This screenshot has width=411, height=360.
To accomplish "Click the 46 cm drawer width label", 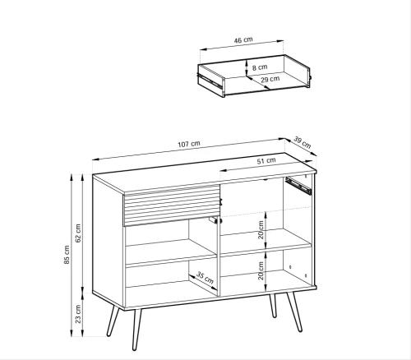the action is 243,40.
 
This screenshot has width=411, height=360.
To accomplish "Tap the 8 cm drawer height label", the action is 260,67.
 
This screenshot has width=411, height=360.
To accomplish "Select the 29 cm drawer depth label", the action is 270,80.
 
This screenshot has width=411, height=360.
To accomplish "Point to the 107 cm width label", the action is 189,144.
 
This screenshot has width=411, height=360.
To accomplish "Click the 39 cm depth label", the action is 302,143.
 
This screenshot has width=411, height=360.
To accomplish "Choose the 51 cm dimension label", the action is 266,160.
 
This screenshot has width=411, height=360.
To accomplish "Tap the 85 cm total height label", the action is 67,255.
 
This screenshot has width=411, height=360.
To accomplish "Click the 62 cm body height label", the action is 78,233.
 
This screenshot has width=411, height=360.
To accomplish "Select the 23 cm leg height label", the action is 78,314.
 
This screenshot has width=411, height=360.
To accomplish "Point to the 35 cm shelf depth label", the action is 205,278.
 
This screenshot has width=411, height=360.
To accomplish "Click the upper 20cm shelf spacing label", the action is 261,230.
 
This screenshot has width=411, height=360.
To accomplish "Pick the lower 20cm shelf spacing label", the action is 261,270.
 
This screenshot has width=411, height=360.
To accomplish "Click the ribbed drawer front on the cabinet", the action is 172,205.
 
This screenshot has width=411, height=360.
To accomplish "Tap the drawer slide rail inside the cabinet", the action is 298,186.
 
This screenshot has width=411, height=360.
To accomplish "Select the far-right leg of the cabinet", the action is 294,312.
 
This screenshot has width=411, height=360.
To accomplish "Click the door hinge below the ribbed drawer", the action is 215,219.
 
